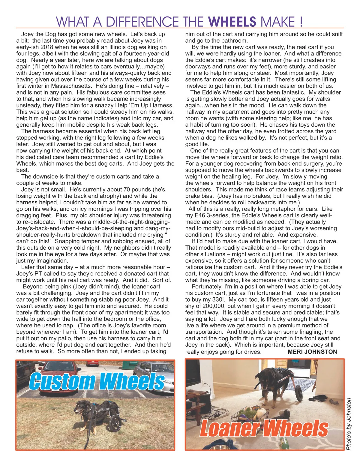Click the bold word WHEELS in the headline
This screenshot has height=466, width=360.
click(232, 22)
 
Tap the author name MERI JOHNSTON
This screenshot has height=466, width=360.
click(312, 352)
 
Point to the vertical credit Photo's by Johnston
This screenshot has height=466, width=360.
click(349, 424)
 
